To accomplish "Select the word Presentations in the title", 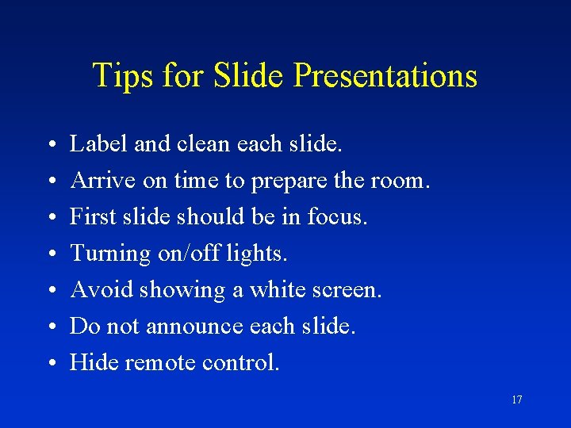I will tap(385, 76).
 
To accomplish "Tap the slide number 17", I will tap(516, 400).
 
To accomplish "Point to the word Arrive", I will tap(103, 181).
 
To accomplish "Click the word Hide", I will tap(94, 363).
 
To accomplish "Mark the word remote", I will tap(160, 363).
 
